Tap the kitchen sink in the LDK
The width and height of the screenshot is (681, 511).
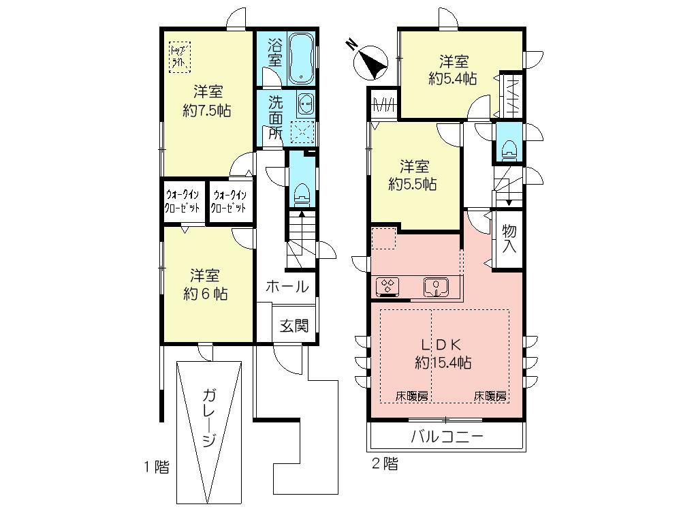(x=434, y=288)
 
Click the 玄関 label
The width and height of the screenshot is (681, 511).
(x=294, y=326)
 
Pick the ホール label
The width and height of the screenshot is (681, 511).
(x=287, y=287)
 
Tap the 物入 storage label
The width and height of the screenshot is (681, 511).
(x=509, y=238)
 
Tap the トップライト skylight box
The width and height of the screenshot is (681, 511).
(x=180, y=55)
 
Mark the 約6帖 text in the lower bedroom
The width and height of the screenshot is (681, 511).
(x=205, y=294)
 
